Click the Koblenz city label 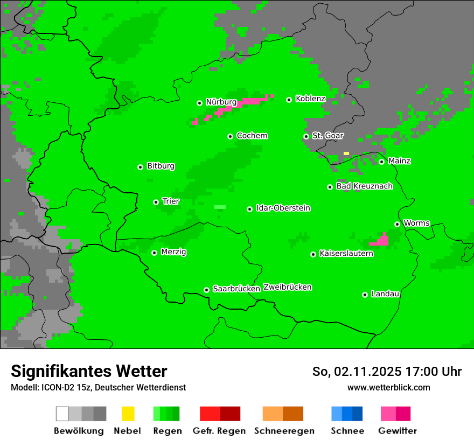click(310, 99)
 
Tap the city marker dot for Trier click(156, 202)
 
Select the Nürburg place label click(221, 102)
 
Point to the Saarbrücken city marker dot click(206, 290)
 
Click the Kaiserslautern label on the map click(346, 253)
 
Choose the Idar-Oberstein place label click(283, 208)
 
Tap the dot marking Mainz click(381, 162)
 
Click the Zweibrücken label click(287, 287)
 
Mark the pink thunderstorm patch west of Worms click(381, 240)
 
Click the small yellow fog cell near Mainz click(346, 153)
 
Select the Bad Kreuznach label click(364, 186)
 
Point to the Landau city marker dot click(365, 295)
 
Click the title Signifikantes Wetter click(89, 371)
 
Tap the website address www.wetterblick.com click(388, 387)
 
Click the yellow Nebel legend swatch click(128, 414)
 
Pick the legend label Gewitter click(397, 431)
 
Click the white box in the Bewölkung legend click(62, 414)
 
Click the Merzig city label click(173, 252)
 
